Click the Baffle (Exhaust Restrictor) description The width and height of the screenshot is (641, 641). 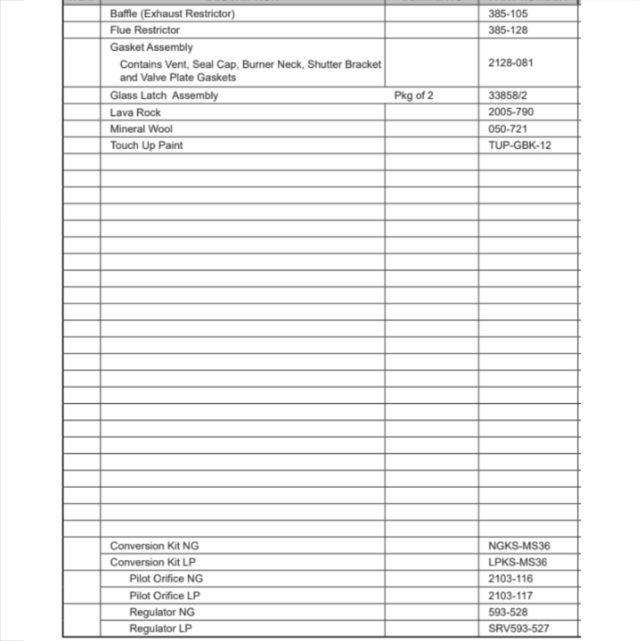(x=172, y=13)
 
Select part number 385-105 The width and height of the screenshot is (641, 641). (x=508, y=13)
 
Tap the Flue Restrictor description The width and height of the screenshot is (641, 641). (x=145, y=30)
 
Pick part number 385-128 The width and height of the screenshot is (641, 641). (x=508, y=30)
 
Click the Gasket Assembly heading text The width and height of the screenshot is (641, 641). (x=151, y=47)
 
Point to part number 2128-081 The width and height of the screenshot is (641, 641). (x=510, y=63)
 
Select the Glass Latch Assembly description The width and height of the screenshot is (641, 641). (x=164, y=96)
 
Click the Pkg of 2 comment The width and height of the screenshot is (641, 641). (x=414, y=96)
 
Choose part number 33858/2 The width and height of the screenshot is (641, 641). (x=508, y=96)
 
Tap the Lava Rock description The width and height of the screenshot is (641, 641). (x=135, y=112)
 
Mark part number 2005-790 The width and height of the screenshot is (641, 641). (x=510, y=112)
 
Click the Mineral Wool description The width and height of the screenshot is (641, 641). (x=141, y=129)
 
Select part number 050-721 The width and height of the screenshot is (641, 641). (x=508, y=129)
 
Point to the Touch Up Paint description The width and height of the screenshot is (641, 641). (x=146, y=146)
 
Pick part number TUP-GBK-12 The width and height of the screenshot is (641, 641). (x=519, y=146)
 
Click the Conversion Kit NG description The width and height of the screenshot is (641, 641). (x=154, y=546)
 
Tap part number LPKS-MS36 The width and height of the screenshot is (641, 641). (x=518, y=563)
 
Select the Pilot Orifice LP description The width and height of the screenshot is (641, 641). (x=165, y=595)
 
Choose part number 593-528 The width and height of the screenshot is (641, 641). (x=508, y=612)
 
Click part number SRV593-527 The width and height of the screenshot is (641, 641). (x=518, y=629)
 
